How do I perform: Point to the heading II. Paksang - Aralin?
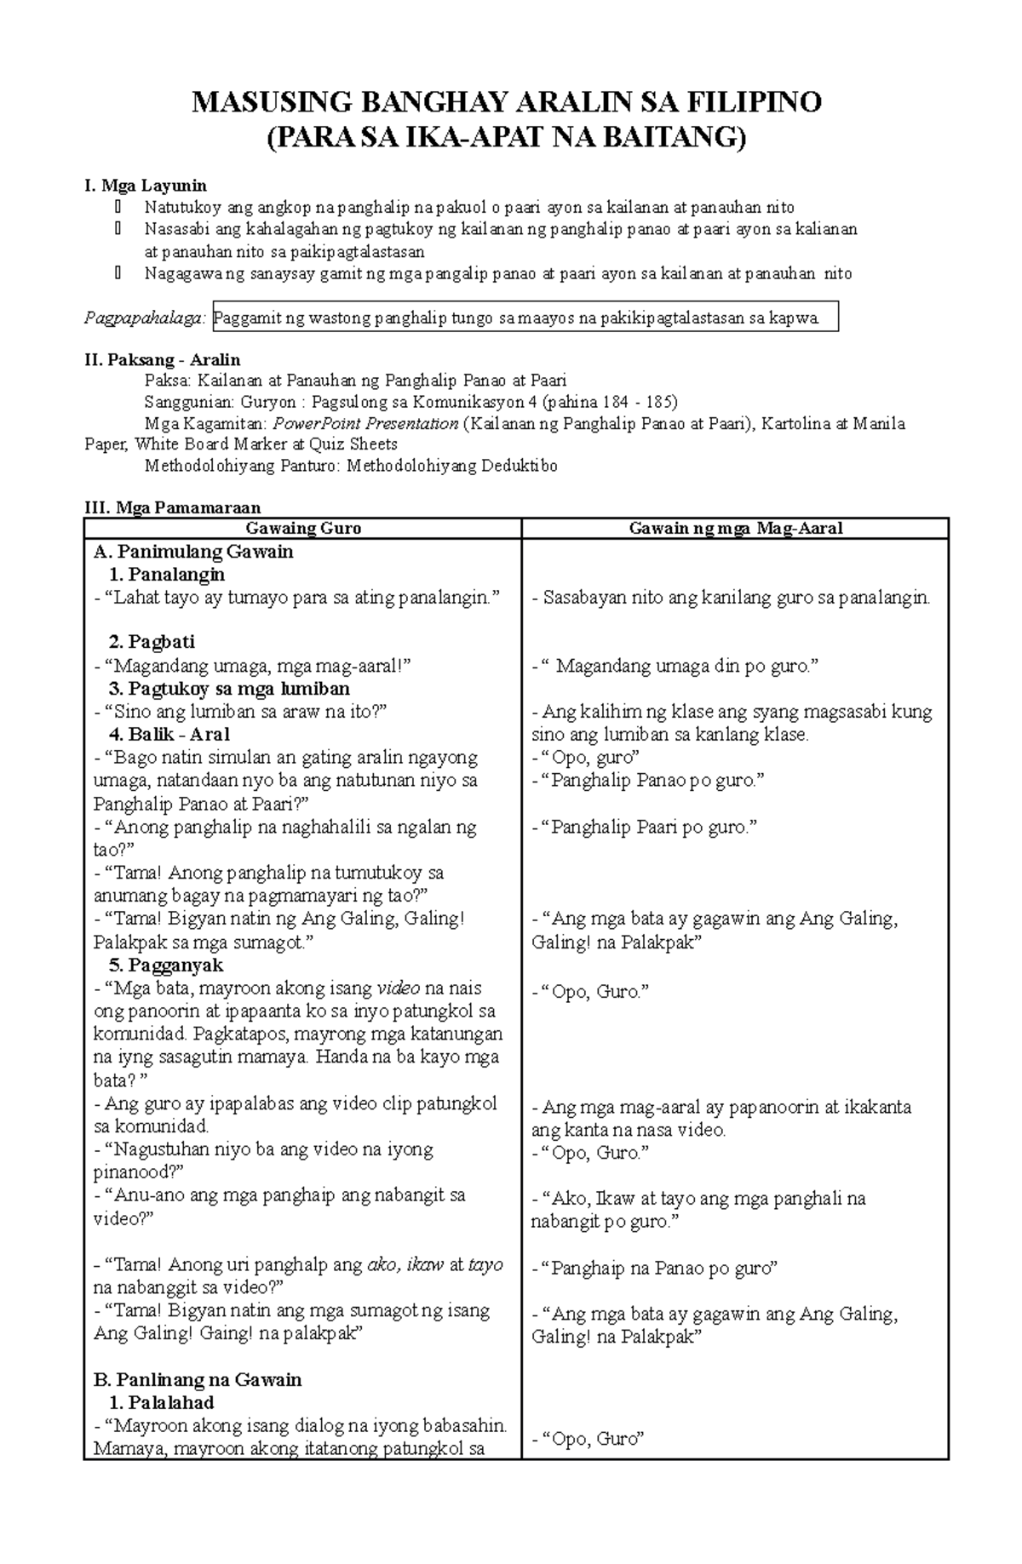click(162, 359)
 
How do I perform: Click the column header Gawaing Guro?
click(302, 529)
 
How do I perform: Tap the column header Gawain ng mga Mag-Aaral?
click(735, 529)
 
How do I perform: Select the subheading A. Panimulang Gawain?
click(193, 552)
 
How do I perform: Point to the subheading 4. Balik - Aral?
click(169, 734)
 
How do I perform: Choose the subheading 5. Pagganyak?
click(166, 965)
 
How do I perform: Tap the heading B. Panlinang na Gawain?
click(198, 1379)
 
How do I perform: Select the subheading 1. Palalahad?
click(162, 1402)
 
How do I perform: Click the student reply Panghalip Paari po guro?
click(644, 827)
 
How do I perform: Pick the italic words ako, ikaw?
click(405, 1265)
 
